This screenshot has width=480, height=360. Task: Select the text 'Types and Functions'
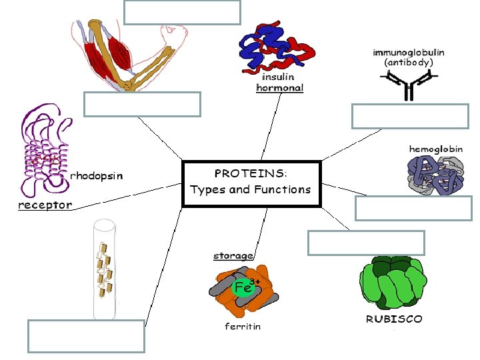[251, 189]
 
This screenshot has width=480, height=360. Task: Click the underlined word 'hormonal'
[280, 87]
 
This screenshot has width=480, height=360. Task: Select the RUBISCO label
[394, 319]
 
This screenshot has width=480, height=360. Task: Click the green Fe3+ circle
[243, 288]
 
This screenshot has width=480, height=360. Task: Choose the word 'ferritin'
[242, 327]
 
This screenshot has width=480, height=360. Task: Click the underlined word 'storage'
[233, 255]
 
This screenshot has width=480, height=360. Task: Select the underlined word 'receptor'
[45, 205]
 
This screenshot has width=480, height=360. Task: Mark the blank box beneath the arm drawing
[142, 104]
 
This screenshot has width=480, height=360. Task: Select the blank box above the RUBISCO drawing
[366, 243]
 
